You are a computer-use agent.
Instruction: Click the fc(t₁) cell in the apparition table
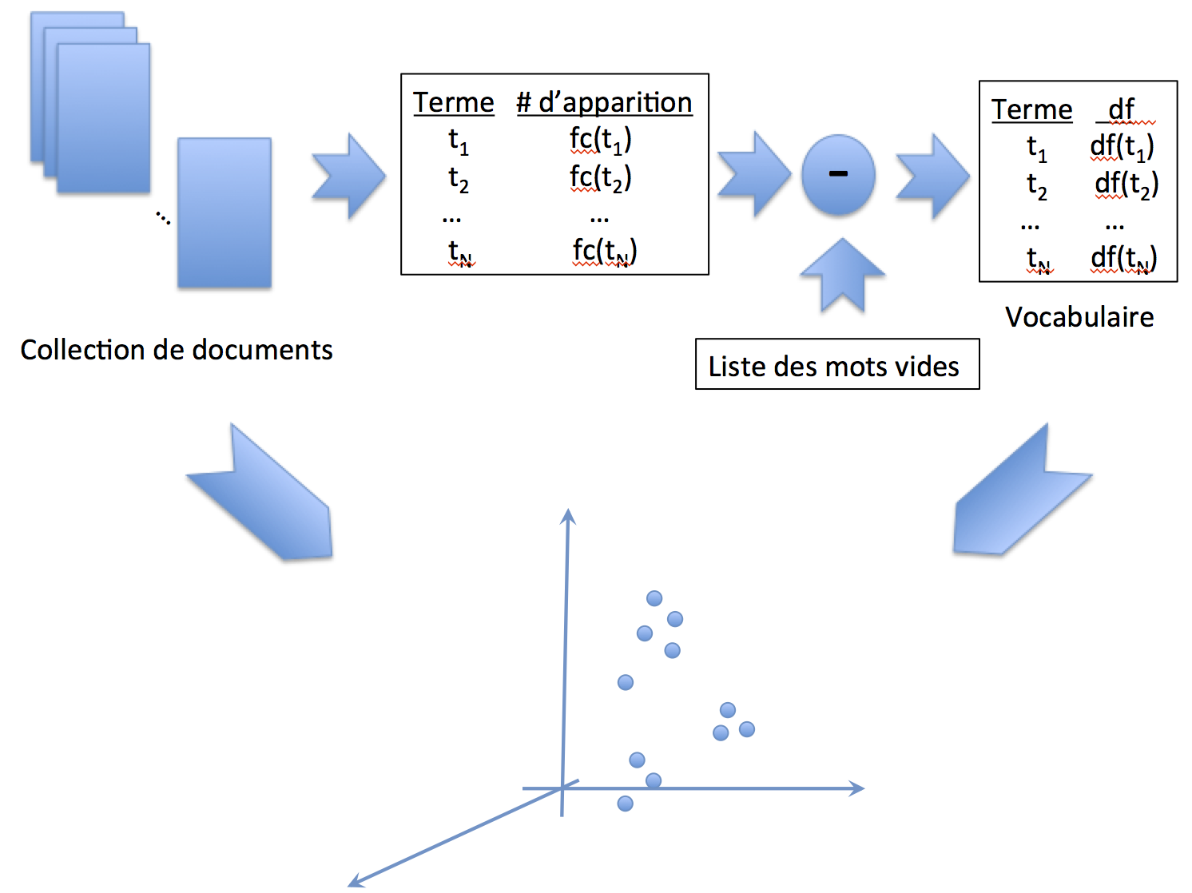[x=600, y=141]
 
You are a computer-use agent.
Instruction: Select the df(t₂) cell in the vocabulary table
[x=1126, y=185]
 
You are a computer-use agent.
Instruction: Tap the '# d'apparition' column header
[x=604, y=102]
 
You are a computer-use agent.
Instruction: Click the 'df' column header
[x=1122, y=109]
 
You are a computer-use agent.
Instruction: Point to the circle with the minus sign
[x=838, y=175]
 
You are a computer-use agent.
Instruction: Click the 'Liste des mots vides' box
[x=836, y=364]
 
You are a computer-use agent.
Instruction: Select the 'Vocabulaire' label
[x=1079, y=317]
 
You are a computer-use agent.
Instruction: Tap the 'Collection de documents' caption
[x=177, y=350]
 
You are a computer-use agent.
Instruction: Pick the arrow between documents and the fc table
[x=349, y=176]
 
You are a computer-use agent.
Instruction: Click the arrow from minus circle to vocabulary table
[x=932, y=176]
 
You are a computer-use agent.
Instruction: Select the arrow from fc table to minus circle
[x=753, y=175]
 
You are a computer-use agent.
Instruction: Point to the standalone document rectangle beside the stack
[x=224, y=212]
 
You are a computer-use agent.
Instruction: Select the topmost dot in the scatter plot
[x=654, y=598]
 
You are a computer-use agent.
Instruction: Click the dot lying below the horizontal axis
[x=626, y=804]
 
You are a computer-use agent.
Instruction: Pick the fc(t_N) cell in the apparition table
[x=604, y=251]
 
